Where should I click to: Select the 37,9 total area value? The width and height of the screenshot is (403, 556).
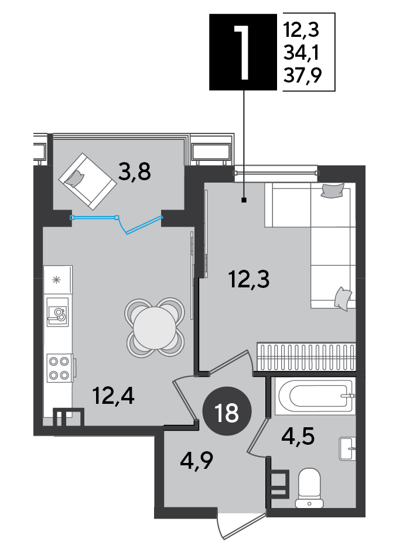point(303,75)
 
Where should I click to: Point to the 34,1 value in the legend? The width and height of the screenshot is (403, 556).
point(302,53)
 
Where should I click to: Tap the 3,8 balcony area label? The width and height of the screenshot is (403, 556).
point(135,173)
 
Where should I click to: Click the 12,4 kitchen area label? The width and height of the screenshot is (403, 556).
point(113,396)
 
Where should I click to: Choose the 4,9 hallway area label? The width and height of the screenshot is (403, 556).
point(196,461)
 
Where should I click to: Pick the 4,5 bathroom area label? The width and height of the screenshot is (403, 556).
point(298,436)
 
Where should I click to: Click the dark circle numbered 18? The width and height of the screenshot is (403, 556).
point(227,411)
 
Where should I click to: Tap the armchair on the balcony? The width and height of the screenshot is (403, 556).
point(87,181)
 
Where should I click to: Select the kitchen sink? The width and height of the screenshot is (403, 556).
point(57,312)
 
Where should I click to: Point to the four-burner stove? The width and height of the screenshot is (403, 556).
point(59,368)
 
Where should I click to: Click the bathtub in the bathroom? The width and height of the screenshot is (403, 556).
point(315,396)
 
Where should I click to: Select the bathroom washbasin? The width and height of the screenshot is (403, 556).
point(347,448)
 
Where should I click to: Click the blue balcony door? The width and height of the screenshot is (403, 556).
point(117,223)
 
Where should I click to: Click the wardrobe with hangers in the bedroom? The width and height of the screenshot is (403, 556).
point(305,356)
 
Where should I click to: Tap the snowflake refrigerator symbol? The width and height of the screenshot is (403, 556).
point(56,280)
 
